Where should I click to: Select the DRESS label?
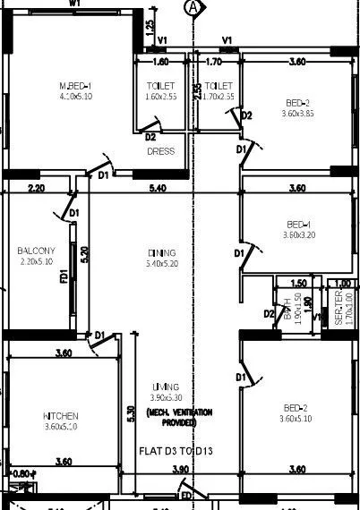pyautogui.click(x=161, y=151)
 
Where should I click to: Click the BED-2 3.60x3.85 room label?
pyautogui.click(x=296, y=109)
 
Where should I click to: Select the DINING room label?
pyautogui.click(x=162, y=259)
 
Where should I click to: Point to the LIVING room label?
pyautogui.click(x=167, y=392)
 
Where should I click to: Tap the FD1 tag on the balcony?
pyautogui.click(x=64, y=278)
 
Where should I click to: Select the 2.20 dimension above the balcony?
pyautogui.click(x=36, y=189)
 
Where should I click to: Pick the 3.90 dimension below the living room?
pyautogui.click(x=180, y=469)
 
